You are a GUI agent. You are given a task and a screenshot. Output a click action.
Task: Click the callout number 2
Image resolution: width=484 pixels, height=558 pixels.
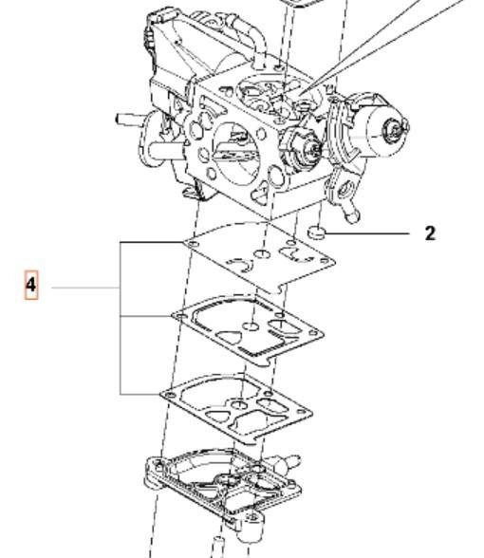point(430,233)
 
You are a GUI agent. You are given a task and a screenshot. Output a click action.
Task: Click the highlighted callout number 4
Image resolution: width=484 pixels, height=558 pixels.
point(31,285)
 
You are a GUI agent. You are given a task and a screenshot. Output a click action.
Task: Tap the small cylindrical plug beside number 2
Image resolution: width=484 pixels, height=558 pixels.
point(317,232)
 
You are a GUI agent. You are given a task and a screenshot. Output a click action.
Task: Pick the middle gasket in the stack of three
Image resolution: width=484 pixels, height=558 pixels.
point(248,330)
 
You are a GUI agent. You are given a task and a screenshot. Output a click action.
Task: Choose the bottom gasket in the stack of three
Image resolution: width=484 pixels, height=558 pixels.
point(236,409)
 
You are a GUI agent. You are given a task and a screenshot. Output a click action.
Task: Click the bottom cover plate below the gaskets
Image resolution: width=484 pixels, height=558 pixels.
point(224,492)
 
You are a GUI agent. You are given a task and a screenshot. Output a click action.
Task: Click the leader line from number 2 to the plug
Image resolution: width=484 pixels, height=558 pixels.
point(367,233)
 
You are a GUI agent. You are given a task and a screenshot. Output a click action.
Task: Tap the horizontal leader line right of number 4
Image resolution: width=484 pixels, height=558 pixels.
point(85,288)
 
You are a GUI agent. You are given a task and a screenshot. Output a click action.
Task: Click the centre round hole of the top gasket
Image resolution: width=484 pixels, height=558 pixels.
point(262,254)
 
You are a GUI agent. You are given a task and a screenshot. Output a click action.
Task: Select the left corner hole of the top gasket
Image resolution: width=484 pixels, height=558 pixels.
point(193,245)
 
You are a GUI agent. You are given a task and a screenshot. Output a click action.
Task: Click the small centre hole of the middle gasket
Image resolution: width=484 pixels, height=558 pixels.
point(251,326)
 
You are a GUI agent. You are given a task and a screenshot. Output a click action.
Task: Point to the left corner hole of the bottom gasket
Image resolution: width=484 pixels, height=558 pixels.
point(171,395)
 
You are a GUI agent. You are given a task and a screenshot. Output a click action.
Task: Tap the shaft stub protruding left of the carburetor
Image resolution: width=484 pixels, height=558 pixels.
point(129,119)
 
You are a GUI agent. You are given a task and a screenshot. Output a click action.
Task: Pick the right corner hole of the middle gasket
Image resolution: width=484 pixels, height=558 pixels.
point(313,333)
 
